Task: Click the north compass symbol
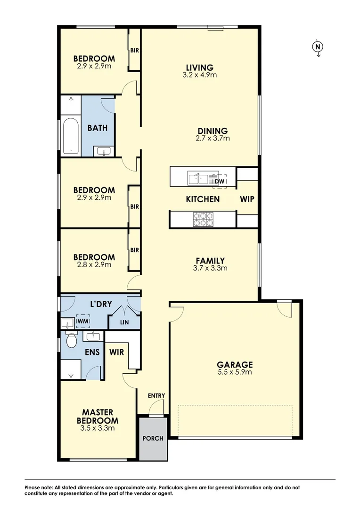[x=319, y=47]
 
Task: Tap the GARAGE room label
[x=235, y=364]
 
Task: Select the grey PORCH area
[x=153, y=438]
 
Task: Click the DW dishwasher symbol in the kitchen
[x=219, y=181]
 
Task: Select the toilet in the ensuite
[x=72, y=341]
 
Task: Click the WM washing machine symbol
[x=83, y=321]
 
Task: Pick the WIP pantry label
[x=247, y=199]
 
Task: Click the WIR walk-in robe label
[x=116, y=352]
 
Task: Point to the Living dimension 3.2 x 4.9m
[x=199, y=75]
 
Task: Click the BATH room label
[x=98, y=128]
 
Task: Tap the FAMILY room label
[x=210, y=261]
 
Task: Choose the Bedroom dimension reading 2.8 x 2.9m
[x=94, y=264]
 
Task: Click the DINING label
[x=213, y=131]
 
